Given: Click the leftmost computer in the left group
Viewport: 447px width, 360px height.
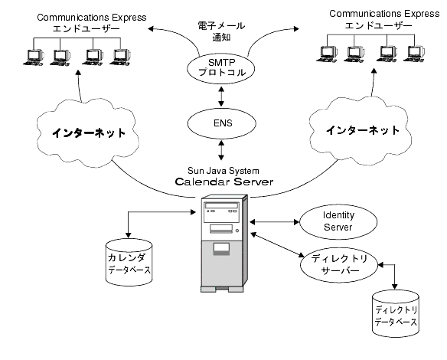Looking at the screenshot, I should [34, 57].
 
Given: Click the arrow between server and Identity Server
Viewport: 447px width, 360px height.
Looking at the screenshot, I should [272, 222].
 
